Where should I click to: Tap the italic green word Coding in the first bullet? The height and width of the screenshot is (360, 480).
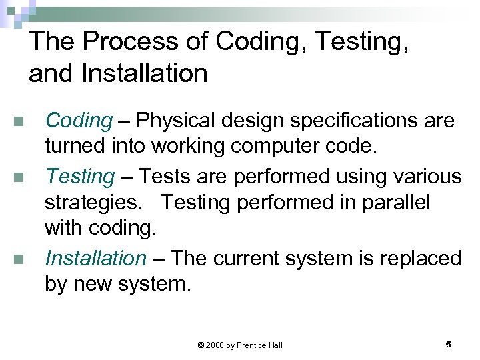point(78,121)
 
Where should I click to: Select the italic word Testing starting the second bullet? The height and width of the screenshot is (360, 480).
point(79,177)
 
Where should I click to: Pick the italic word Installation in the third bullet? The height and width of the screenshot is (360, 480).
point(95,258)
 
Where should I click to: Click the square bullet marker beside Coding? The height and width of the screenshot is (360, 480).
point(19,122)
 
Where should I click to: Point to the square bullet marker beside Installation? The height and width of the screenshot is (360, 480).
point(19,259)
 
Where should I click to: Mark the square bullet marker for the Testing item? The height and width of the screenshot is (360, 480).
point(19,178)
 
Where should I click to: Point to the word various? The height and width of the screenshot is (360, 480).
point(428,177)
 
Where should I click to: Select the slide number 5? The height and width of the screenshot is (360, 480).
point(448,344)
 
